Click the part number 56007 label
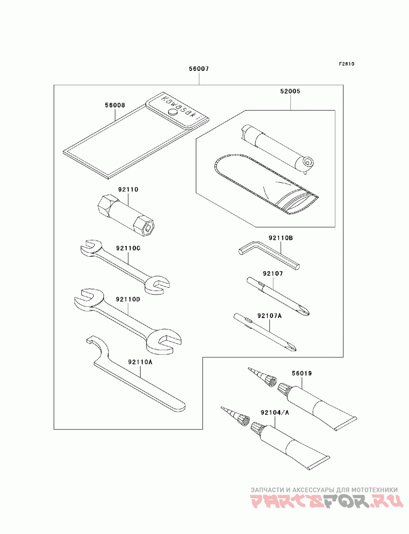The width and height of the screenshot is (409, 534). [x=199, y=69]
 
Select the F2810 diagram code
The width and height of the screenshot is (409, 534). [x=347, y=64]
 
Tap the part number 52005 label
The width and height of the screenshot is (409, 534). [x=290, y=91]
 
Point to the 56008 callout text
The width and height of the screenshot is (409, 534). [x=115, y=105]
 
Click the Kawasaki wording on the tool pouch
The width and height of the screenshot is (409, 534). [x=180, y=107]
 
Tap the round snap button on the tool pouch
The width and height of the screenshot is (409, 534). [x=173, y=112]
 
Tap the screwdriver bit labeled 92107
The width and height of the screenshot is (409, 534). [x=278, y=296]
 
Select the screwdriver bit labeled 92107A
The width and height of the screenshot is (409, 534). [x=265, y=332]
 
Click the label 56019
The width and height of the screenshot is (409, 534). [x=302, y=374]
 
